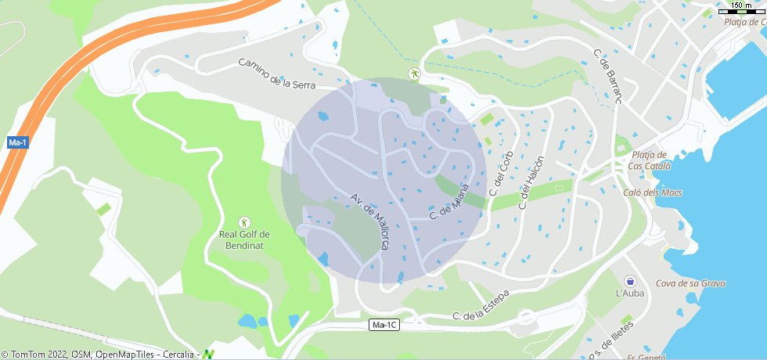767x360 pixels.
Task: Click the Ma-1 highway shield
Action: pyautogui.click(x=17, y=142)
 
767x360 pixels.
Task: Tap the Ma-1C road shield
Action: pyautogui.click(x=384, y=325)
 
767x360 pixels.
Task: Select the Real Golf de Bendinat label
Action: pyautogui.click(x=244, y=239)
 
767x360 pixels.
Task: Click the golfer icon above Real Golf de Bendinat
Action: pyautogui.click(x=244, y=222)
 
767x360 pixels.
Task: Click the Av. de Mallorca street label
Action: pyautogui.click(x=369, y=221)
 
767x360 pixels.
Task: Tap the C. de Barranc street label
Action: pyautogui.click(x=607, y=77)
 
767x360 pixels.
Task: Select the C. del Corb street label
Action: pyautogui.click(x=499, y=174)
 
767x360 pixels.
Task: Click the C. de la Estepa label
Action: pyautogui.click(x=481, y=307)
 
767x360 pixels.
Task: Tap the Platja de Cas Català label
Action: pyautogui.click(x=646, y=160)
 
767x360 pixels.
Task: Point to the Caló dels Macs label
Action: pyautogui.click(x=653, y=193)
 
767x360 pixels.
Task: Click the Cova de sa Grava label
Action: pyautogui.click(x=690, y=283)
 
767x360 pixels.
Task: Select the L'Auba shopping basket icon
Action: pyautogui.click(x=630, y=280)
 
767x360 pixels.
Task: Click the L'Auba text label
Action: pyautogui.click(x=630, y=293)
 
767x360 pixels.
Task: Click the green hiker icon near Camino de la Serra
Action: pyautogui.click(x=414, y=74)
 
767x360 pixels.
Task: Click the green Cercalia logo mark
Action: pyautogui.click(x=208, y=354)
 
